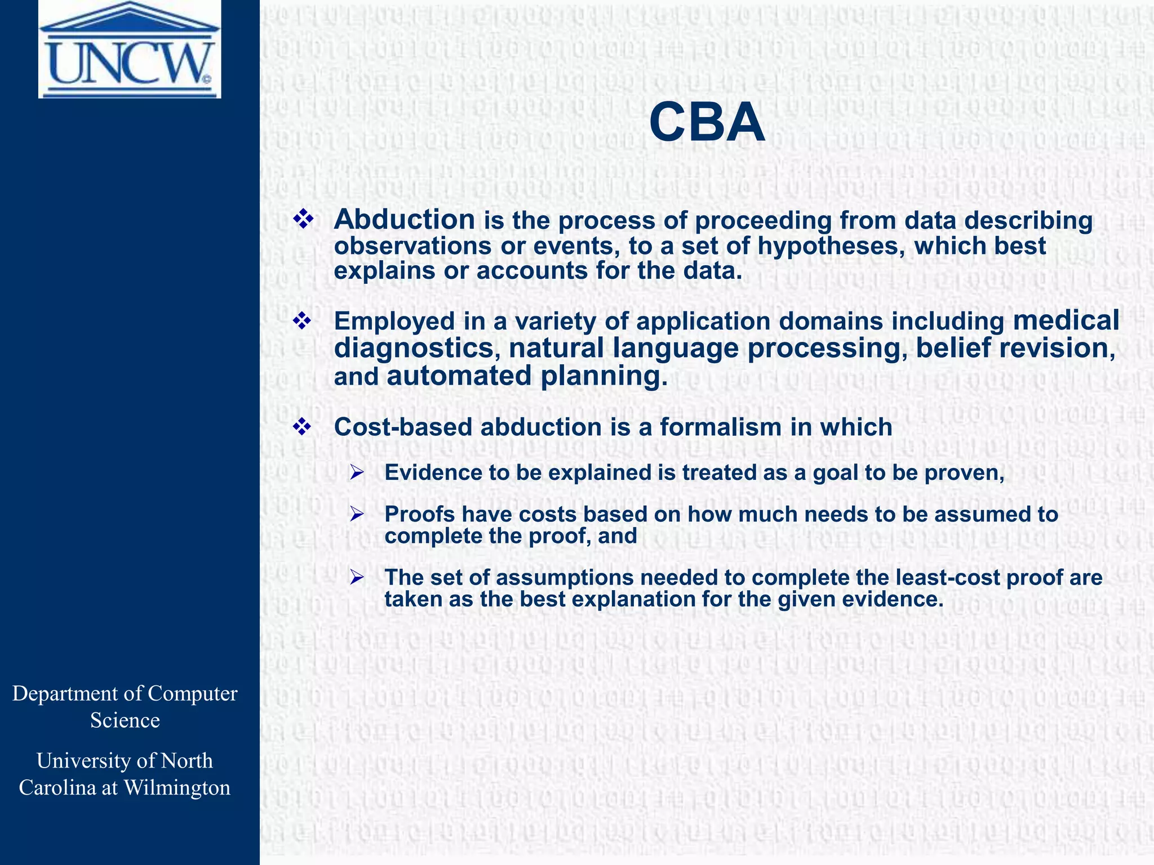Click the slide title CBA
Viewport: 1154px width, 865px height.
tap(707, 123)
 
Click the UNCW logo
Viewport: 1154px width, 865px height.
tap(130, 50)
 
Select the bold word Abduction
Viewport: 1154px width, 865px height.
tap(404, 220)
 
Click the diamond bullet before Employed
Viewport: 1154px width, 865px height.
tap(303, 321)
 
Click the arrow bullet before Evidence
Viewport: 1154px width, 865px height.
tap(357, 472)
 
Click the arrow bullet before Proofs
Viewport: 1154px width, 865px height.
tap(357, 514)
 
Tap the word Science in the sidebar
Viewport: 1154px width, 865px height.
tap(125, 720)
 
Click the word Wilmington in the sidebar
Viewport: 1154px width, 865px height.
tap(176, 787)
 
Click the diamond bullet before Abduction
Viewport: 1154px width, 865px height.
tap(303, 220)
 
